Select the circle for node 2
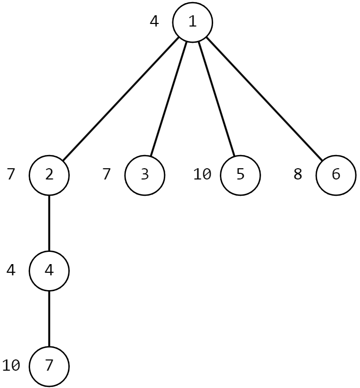[x=49, y=174]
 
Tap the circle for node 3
[x=145, y=174]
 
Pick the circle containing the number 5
[x=240, y=174]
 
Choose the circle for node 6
[x=336, y=174]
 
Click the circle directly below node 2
[x=49, y=270]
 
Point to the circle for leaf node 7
[x=49, y=366]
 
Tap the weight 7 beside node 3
[x=107, y=174]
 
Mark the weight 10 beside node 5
[x=202, y=174]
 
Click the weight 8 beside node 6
[x=298, y=174]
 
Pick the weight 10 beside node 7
[x=11, y=366]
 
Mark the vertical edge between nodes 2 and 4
[x=49, y=222]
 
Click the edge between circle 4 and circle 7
[x=49, y=318]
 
